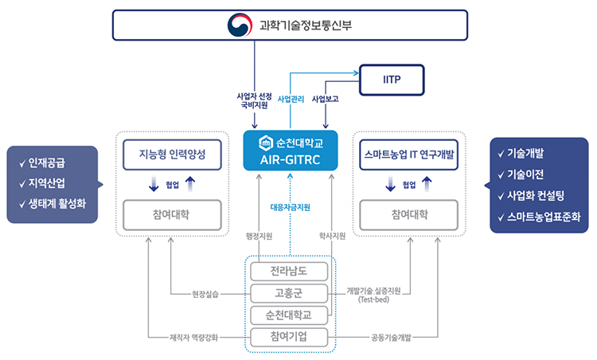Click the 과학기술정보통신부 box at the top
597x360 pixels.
coord(298,25)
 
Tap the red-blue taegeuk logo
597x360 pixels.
coord(240,25)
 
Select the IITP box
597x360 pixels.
coord(392,79)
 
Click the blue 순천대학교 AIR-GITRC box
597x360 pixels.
coord(290,151)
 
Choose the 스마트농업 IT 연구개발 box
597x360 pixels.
coord(408,154)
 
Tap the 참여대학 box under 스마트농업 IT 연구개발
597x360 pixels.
coord(408,214)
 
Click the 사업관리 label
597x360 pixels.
coord(291,100)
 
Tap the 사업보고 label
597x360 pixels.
coord(326,100)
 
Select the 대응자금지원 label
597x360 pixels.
coord(290,207)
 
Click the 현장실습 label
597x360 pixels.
coord(205,294)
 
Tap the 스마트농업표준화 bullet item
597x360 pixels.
coord(539,216)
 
